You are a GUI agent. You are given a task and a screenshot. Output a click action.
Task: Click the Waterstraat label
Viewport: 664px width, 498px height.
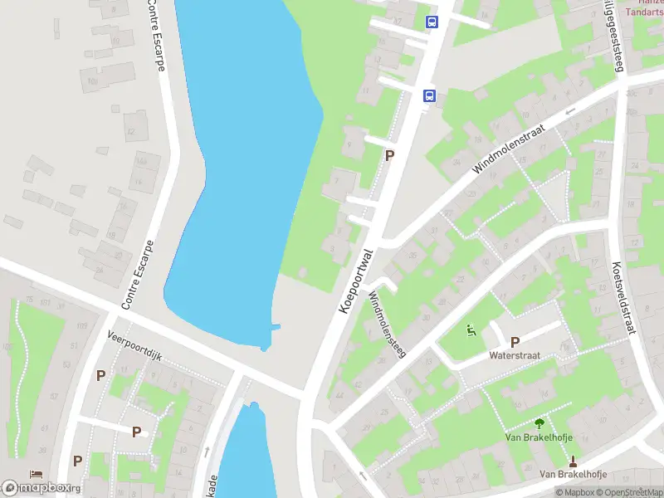click(515, 354)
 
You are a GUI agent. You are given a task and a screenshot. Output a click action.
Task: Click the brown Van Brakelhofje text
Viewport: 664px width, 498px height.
click(573, 474)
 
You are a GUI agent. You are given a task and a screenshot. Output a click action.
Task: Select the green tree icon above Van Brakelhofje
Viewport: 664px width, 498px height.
click(539, 422)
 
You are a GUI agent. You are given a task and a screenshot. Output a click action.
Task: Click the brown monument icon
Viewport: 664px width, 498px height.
click(573, 460)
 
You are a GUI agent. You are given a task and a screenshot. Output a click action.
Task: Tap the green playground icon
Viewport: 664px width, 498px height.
click(471, 332)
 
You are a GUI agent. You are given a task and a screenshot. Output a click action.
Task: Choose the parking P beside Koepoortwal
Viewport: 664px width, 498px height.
click(389, 155)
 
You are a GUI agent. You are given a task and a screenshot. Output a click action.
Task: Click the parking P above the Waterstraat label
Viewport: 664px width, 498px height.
click(515, 341)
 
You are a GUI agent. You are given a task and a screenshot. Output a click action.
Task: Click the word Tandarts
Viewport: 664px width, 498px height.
click(644, 12)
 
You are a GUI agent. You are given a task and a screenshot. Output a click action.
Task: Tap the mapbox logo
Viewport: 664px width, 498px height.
click(41, 487)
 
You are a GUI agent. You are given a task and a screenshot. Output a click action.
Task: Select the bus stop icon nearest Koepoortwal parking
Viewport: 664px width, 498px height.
click(429, 95)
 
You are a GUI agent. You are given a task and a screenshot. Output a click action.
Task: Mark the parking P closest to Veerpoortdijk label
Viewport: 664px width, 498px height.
click(100, 375)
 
